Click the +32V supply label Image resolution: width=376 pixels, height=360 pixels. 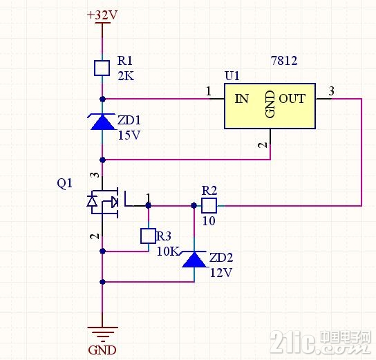[102, 15]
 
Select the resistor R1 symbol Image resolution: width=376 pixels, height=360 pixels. [102, 68]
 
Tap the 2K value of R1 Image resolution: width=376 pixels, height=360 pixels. [126, 76]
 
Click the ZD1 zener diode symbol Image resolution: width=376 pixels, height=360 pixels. [102, 122]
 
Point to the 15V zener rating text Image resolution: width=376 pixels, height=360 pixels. [129, 135]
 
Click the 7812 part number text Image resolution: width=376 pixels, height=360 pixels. [284, 60]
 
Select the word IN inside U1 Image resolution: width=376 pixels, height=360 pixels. [241, 99]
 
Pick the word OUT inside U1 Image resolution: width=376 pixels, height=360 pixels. [292, 99]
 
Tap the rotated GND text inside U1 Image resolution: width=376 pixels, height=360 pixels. [270, 104]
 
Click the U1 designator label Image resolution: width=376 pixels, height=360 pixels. [232, 76]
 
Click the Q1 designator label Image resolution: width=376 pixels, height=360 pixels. [64, 183]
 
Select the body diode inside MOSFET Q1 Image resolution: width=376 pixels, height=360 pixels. [92, 201]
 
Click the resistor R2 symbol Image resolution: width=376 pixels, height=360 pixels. [209, 205]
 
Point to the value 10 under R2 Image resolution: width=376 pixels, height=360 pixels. [209, 220]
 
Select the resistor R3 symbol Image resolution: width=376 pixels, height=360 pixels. [148, 236]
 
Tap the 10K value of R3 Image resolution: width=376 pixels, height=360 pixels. [168, 252]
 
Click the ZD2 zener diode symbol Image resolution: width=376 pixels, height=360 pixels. [194, 259]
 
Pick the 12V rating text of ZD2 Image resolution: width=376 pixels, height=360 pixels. [221, 272]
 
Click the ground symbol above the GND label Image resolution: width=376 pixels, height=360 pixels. [102, 333]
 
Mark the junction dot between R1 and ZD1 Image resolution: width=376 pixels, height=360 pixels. [102, 99]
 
